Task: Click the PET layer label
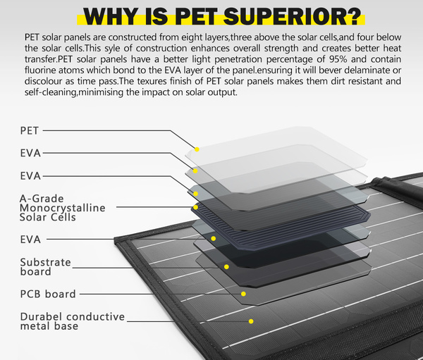(30, 131)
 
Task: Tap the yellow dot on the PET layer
(197, 149)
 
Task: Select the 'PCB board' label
(48, 294)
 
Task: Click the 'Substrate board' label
(46, 267)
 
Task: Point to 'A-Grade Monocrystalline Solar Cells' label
(62, 208)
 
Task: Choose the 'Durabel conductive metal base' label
(73, 321)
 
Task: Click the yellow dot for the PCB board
(243, 294)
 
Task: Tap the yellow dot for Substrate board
(226, 267)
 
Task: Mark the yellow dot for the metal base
(251, 321)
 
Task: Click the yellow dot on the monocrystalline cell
(195, 207)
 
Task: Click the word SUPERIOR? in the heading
(293, 17)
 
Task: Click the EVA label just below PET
(30, 153)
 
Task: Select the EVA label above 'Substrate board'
(30, 240)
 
